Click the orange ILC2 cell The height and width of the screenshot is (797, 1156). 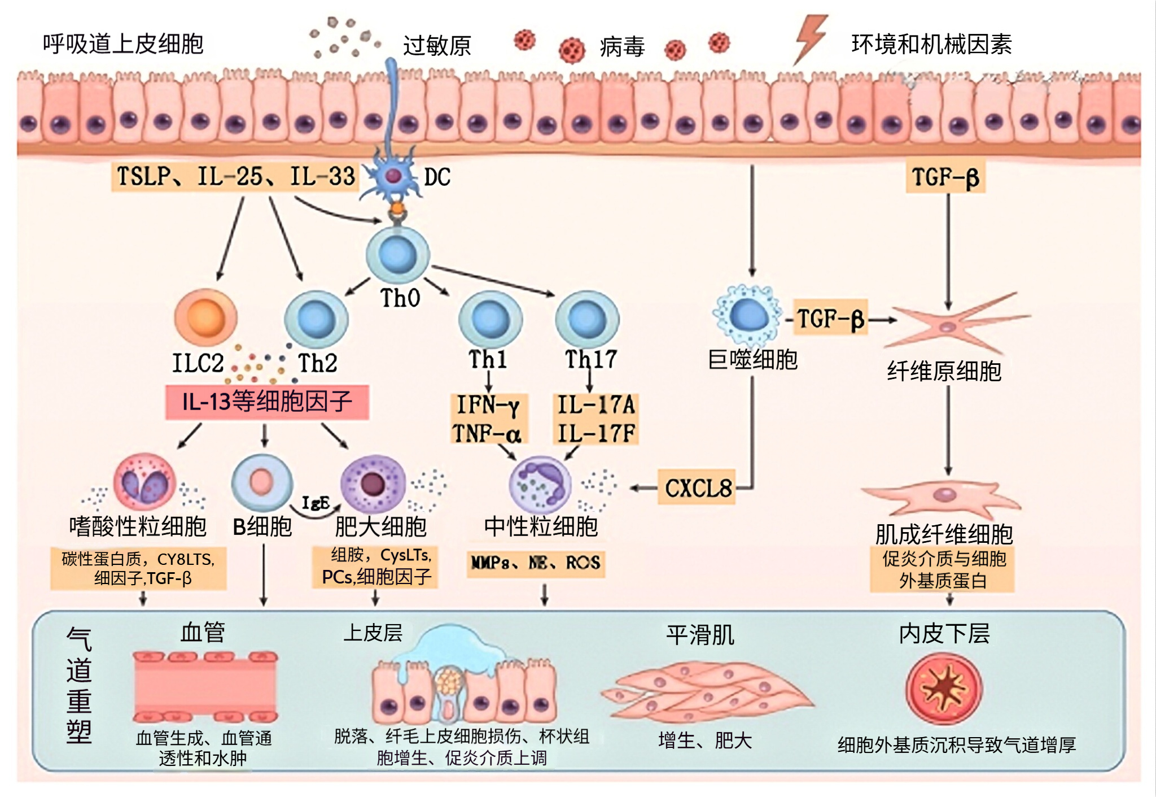click(205, 317)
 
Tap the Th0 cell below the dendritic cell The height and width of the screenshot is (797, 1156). click(398, 255)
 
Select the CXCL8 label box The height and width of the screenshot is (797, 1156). click(697, 487)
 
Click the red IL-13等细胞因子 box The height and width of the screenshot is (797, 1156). click(267, 402)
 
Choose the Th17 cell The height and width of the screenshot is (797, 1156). click(587, 319)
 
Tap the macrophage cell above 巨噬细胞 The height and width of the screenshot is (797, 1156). click(748, 315)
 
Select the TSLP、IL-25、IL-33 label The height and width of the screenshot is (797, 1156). click(235, 177)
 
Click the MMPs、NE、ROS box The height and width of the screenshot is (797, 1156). click(535, 563)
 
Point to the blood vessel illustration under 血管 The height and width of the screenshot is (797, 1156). click(205, 686)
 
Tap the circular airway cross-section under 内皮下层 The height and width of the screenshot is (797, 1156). click(944, 689)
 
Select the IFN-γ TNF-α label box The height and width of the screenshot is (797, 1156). click(489, 419)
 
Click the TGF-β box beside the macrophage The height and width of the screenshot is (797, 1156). click(830, 319)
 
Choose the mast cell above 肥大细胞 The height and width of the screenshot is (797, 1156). click(373, 484)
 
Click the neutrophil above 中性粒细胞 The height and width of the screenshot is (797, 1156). click(540, 485)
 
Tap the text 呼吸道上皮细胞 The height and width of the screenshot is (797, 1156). click(123, 44)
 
